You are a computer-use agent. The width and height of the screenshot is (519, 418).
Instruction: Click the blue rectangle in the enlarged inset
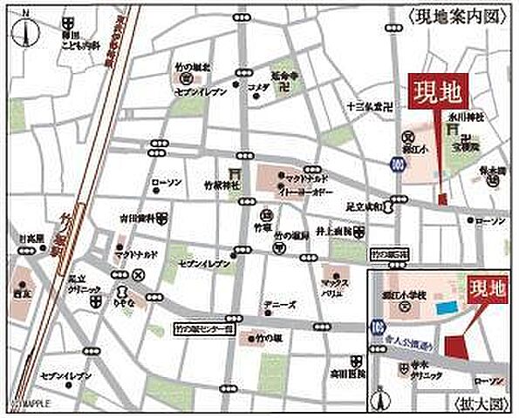(447, 308)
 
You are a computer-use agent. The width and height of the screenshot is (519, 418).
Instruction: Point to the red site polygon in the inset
(459, 346)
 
